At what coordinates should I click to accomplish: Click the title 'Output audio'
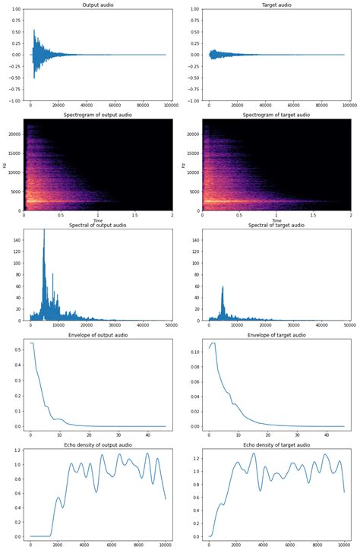(97, 5)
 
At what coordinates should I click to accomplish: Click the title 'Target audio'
(276, 5)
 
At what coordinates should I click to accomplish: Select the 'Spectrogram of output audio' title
(97, 115)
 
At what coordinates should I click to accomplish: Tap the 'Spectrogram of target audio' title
(276, 115)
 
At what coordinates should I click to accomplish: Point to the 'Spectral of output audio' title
(97, 225)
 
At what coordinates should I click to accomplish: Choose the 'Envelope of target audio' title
(276, 334)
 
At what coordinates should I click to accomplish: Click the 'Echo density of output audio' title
(97, 444)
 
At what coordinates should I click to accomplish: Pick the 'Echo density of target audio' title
(276, 444)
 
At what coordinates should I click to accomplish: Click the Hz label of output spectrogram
(5, 165)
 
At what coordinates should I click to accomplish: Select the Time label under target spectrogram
(276, 220)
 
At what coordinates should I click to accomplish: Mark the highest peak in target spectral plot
(223, 286)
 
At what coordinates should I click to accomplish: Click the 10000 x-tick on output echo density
(166, 545)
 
